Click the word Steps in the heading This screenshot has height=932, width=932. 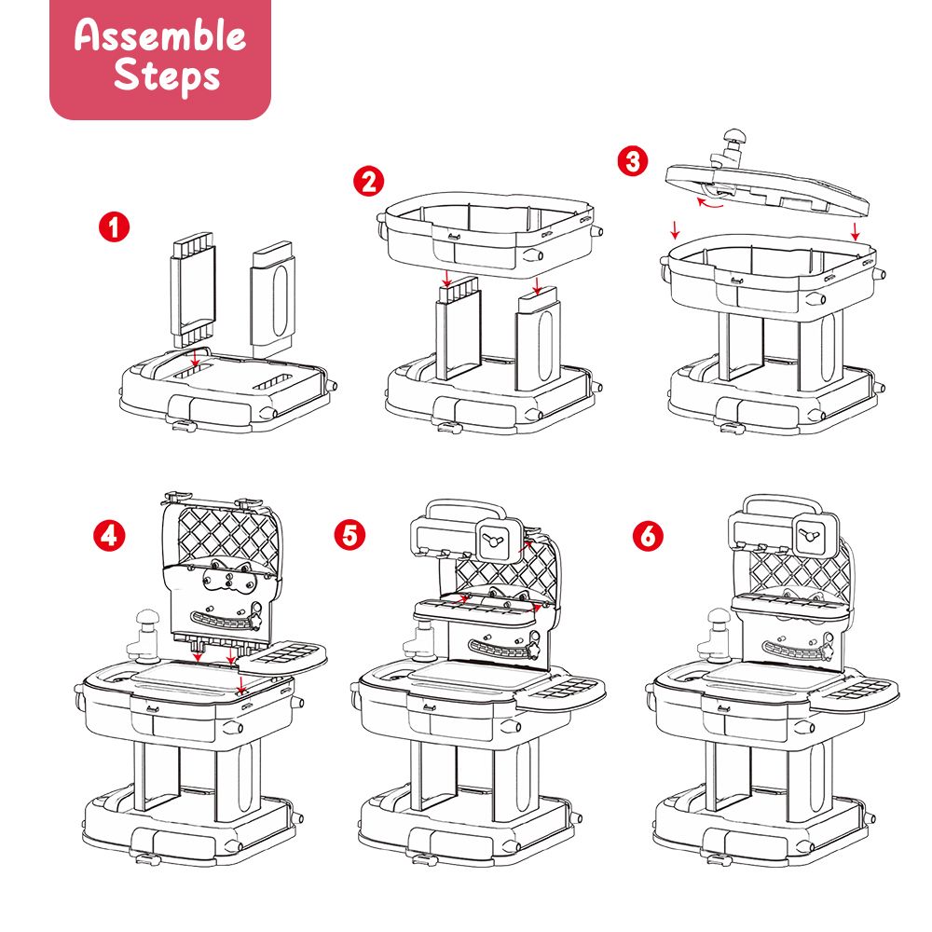(x=167, y=75)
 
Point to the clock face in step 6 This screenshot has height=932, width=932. (x=810, y=534)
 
